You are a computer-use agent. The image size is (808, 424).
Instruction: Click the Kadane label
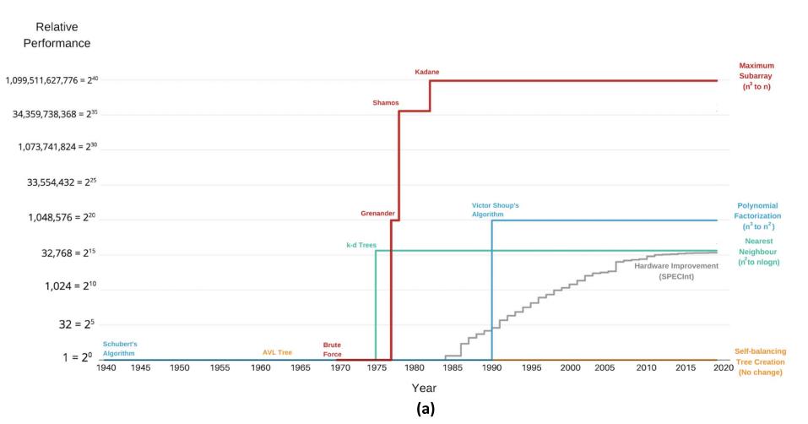tap(427, 72)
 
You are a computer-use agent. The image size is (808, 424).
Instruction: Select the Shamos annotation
tap(386, 103)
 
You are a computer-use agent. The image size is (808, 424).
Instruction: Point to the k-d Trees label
tap(361, 245)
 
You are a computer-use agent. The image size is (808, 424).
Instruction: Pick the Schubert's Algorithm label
tap(119, 348)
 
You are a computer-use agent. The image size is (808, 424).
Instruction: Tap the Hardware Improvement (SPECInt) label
tap(675, 270)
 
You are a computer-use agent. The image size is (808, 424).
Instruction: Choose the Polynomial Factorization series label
tap(757, 215)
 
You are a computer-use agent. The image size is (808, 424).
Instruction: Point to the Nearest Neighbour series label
tap(757, 250)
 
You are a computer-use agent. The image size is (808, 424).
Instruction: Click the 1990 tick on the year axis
tap(491, 368)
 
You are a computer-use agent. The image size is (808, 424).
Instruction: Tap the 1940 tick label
tap(106, 368)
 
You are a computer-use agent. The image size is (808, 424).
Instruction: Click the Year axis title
tap(423, 388)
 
